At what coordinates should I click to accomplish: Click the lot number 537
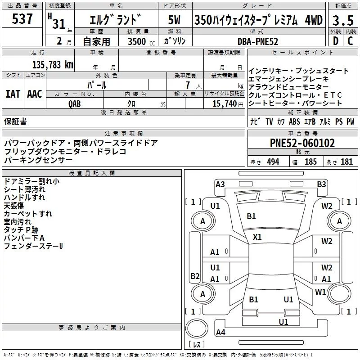22,19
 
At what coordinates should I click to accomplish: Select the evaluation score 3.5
342,21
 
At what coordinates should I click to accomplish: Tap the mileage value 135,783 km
53,64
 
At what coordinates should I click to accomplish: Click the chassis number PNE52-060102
302,143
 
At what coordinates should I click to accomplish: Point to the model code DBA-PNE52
258,41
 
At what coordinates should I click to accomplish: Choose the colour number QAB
75,103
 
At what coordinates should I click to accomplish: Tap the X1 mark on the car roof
257,237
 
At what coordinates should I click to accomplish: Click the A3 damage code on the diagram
220,184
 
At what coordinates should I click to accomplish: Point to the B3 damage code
321,184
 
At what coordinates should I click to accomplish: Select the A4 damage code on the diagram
220,333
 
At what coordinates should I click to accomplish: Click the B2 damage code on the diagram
194,276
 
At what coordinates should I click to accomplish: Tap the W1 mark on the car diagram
320,292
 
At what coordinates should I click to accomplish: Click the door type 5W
175,20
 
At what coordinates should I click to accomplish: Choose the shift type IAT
13,94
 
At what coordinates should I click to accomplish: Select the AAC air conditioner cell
35,94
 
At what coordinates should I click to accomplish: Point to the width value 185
311,162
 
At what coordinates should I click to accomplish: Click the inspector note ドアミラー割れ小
31,181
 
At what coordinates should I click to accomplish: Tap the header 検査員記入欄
92,173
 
